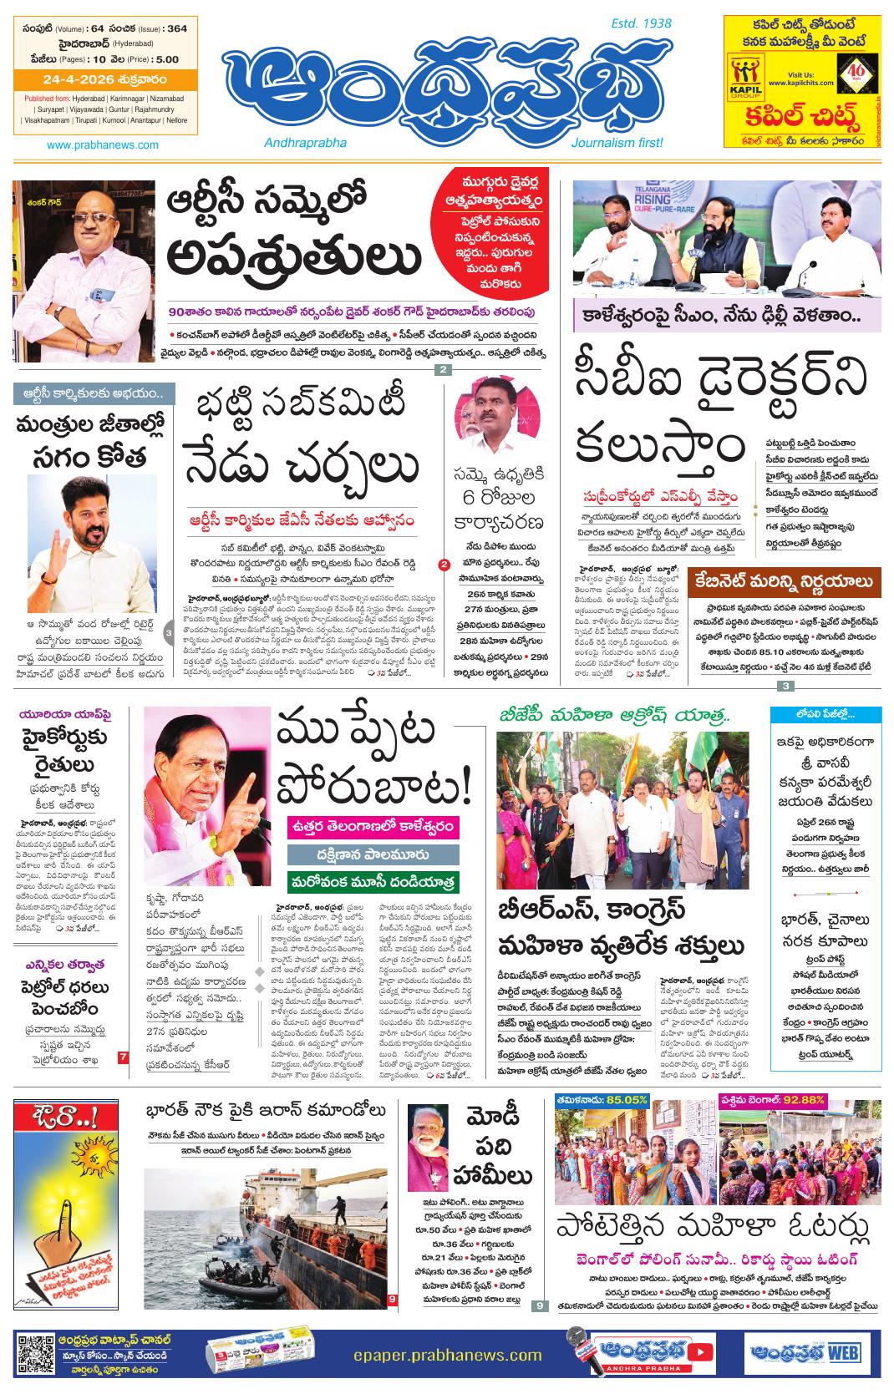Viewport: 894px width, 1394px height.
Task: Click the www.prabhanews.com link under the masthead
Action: [x=103, y=144]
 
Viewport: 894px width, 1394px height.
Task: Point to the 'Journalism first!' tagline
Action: [x=617, y=143]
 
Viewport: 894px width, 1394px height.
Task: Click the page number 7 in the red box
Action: [x=123, y=1057]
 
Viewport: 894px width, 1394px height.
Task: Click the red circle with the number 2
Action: [x=443, y=565]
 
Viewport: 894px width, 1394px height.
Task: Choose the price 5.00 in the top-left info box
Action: [x=167, y=59]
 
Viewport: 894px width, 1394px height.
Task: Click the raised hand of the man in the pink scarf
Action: [x=242, y=803]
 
